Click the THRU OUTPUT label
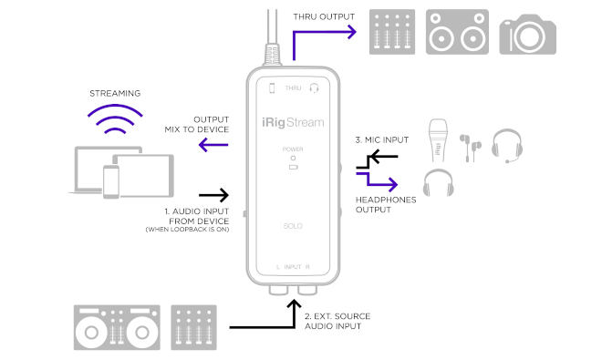[x=324, y=17]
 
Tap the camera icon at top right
[x=527, y=34]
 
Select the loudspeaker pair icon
[x=457, y=32]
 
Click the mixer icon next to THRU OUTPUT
[x=392, y=32]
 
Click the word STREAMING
[x=115, y=93]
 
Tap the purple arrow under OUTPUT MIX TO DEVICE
[x=213, y=145]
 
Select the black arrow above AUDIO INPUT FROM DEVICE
[x=213, y=195]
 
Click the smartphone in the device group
[x=111, y=182]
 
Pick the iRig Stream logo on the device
[x=293, y=122]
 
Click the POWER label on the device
[x=293, y=149]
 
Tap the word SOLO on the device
[x=293, y=226]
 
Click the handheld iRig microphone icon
[x=438, y=140]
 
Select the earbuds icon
[x=471, y=148]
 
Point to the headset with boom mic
[x=507, y=146]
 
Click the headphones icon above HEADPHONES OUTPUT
[x=438, y=182]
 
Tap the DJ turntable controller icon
[x=117, y=327]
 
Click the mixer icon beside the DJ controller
[x=194, y=327]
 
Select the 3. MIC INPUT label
[x=382, y=140]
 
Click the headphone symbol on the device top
[x=314, y=88]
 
